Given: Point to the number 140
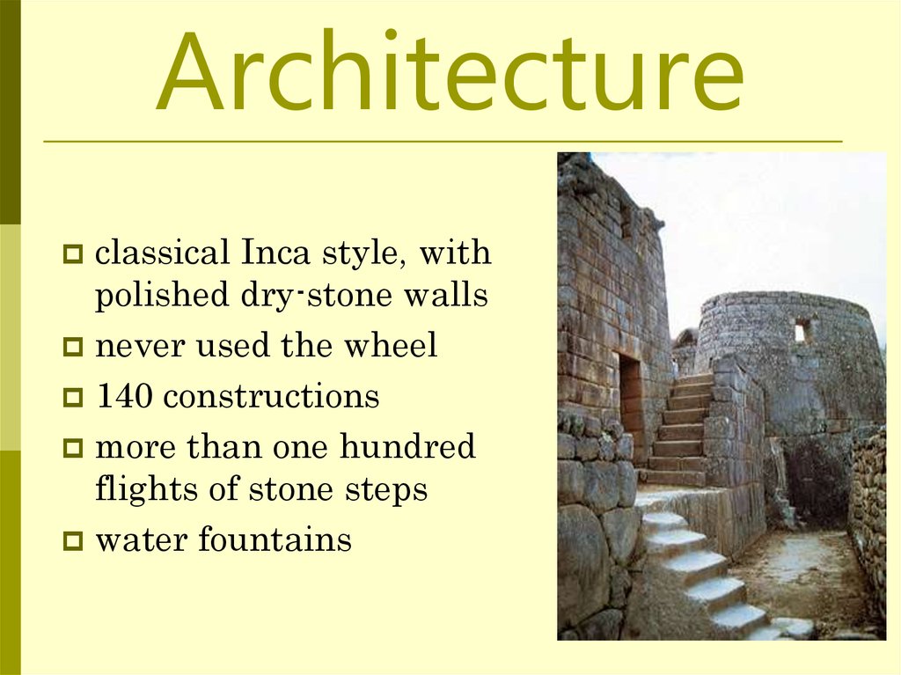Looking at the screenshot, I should [x=124, y=396].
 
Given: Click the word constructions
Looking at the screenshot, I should [x=271, y=396].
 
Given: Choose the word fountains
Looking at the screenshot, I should [x=275, y=539].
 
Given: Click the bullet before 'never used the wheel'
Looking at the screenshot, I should [x=72, y=348].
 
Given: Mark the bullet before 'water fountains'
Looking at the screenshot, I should [x=72, y=540].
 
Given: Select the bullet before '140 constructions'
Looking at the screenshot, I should [x=72, y=398].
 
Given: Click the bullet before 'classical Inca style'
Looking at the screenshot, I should [x=72, y=255].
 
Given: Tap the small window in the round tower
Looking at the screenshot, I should [x=801, y=332].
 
